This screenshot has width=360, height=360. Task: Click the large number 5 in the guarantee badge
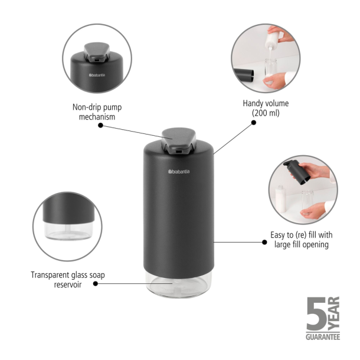point(315,314)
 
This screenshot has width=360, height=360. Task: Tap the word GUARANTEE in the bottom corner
point(322,337)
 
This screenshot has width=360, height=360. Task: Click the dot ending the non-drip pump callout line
point(100,125)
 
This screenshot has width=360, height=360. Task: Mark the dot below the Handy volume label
point(254,123)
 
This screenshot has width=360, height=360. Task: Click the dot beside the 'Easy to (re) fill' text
point(263,241)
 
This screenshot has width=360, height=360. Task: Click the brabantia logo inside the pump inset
point(98,75)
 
